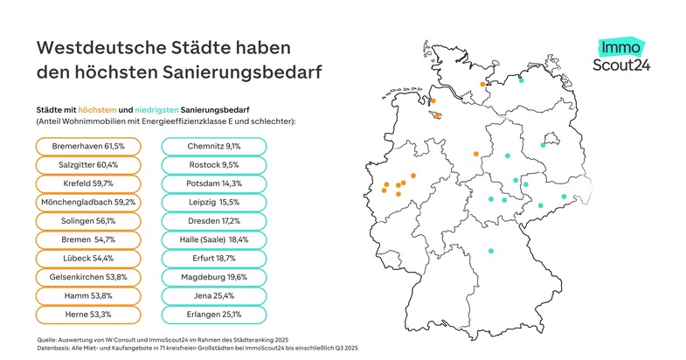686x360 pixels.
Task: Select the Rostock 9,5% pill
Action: pos(214,164)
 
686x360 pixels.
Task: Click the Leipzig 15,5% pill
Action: pos(214,202)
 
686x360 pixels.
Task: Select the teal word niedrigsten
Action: pos(158,109)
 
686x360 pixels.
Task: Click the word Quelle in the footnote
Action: pos(47,337)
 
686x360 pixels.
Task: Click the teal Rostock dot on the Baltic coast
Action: pos(521,80)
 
